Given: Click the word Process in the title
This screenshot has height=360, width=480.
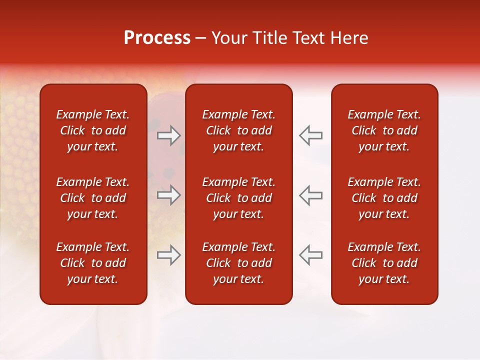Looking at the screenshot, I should [x=157, y=38].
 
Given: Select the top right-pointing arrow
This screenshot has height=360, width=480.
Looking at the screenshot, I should [x=169, y=135].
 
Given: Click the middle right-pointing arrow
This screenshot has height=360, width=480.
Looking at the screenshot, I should [x=169, y=195].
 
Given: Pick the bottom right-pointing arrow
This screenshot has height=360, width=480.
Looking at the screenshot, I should [x=169, y=255].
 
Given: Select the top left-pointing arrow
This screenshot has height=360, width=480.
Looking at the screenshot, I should [x=310, y=135].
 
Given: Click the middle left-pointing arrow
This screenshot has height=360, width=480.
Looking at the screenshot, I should [x=310, y=195].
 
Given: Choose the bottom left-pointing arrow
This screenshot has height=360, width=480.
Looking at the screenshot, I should [x=310, y=255].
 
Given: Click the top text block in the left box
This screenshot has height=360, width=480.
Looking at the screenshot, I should [x=93, y=130].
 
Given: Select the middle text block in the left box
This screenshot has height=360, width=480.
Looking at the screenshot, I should [x=93, y=198].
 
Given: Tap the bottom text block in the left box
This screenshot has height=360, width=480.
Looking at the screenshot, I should [x=93, y=263].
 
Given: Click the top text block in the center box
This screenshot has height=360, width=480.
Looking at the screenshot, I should [x=238, y=130].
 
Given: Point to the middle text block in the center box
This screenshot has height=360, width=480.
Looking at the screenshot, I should [x=238, y=198].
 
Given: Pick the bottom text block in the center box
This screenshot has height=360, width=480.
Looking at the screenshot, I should [x=238, y=263].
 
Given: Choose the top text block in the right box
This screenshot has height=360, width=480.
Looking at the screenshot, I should [x=384, y=130].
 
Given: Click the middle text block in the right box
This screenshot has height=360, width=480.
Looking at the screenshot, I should [x=384, y=198].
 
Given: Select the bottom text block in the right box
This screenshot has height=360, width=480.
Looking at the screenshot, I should [x=384, y=263].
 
